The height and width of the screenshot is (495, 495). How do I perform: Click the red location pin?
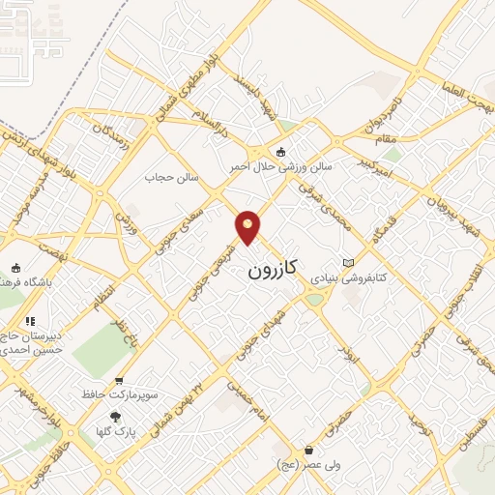[248, 227]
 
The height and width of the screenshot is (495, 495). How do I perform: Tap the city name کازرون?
[270, 268]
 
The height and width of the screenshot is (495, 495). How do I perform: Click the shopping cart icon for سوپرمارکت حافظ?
[119, 381]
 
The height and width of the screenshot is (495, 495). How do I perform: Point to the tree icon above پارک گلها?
[116, 417]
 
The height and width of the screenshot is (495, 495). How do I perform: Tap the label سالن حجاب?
[171, 177]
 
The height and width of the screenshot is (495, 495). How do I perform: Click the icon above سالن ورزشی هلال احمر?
[281, 151]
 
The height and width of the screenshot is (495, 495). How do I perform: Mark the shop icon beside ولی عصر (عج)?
[308, 450]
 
